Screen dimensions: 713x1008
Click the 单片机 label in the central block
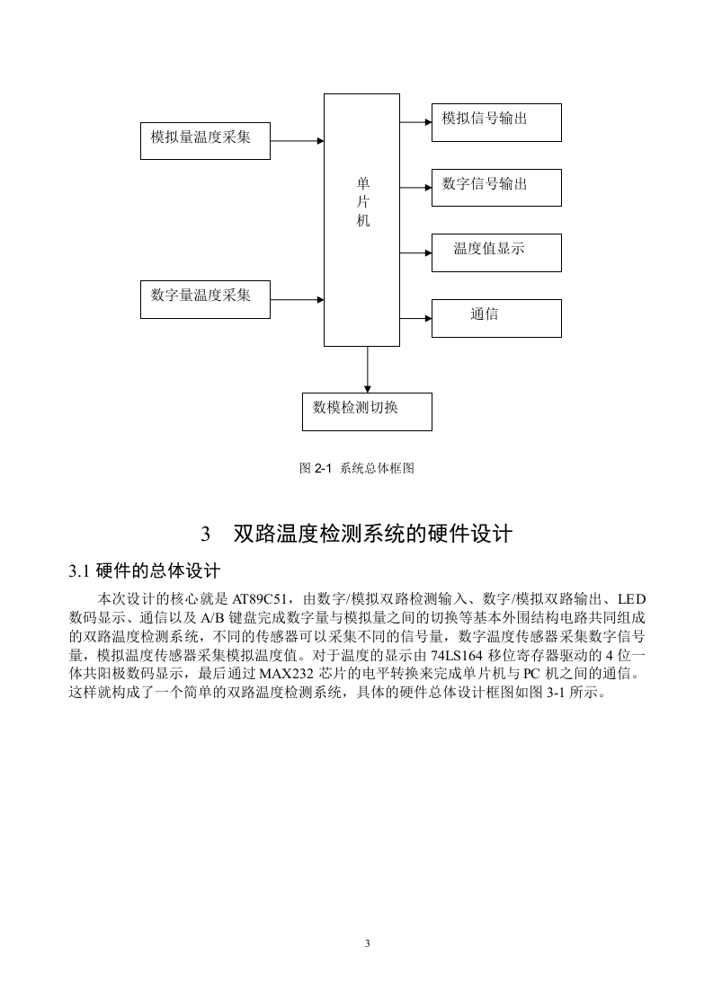click(363, 202)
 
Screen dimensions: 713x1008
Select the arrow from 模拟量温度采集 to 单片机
click(298, 141)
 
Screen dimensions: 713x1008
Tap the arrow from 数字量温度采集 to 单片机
click(298, 299)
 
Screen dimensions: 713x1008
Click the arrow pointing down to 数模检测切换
click(368, 369)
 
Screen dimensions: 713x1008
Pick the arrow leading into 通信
click(415, 318)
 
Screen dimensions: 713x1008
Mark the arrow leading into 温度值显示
click(415, 252)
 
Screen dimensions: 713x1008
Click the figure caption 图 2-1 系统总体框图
click(356, 468)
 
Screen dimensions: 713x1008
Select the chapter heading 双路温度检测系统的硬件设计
click(372, 534)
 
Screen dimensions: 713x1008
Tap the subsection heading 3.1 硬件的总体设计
click(145, 570)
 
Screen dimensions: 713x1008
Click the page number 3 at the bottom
click(368, 943)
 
